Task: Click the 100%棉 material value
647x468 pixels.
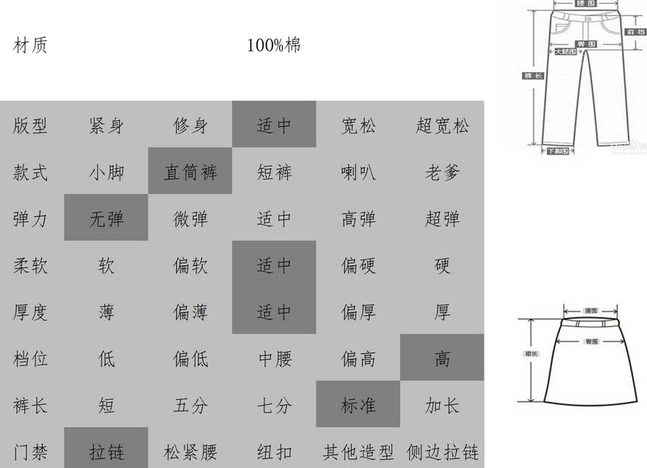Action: (274, 45)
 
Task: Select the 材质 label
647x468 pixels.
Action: (31, 45)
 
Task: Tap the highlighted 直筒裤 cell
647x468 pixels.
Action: (190, 172)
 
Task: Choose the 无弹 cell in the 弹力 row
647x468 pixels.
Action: (106, 219)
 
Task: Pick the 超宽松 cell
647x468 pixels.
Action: (442, 125)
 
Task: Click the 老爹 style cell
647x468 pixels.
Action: (442, 172)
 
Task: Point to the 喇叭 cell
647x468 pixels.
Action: (358, 172)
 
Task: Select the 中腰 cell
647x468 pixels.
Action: (274, 359)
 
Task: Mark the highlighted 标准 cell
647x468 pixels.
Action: (358, 405)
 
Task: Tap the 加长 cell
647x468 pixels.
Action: (442, 405)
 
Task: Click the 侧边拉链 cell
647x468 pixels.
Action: (442, 451)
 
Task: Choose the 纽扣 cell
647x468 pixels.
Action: (274, 451)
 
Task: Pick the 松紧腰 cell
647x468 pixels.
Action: (190, 451)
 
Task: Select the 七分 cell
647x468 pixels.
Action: (274, 405)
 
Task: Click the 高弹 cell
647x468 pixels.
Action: (358, 219)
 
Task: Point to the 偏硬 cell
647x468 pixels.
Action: (358, 265)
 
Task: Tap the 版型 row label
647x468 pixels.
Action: (31, 125)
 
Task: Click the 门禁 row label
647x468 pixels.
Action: (31, 451)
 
